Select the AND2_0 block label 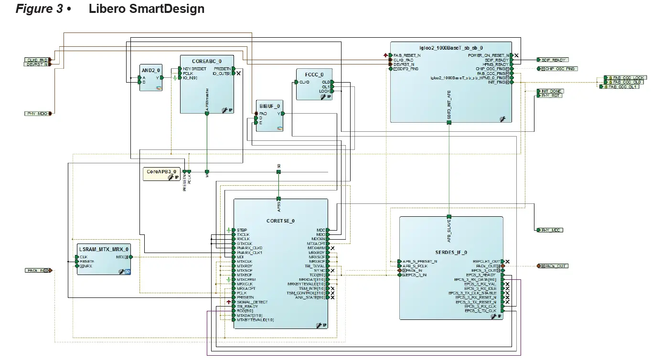coord(150,68)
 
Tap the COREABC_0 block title coord(206,61)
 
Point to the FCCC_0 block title coord(314,74)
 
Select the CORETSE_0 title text coord(280,221)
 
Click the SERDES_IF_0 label coord(451,252)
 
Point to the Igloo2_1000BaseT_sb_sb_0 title coord(450,48)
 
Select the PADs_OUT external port coord(555,266)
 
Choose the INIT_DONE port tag coord(551,91)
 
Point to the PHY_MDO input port coord(37,113)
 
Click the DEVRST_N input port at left coord(37,64)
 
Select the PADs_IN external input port coord(37,270)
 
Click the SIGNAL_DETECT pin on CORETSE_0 coord(252,302)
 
